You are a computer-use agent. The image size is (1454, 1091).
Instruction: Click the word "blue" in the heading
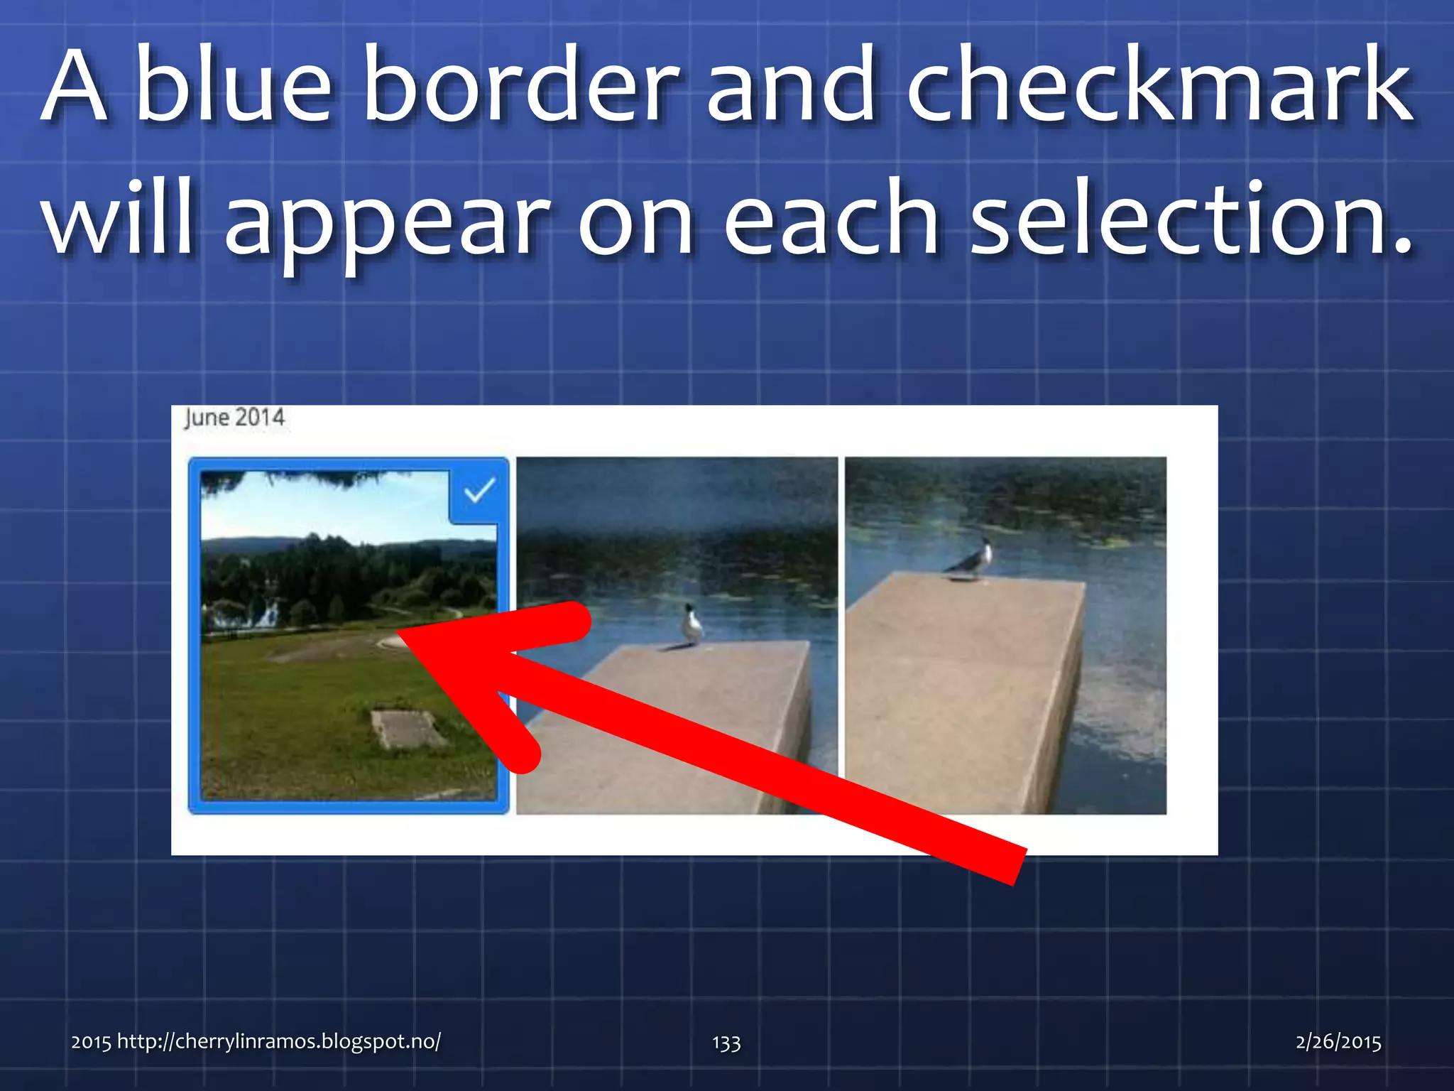click(x=233, y=85)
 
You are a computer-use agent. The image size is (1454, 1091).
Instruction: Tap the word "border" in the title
click(x=521, y=85)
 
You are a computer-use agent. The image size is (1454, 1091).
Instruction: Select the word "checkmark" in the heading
click(x=1159, y=85)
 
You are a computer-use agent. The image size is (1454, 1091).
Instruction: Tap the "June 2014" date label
click(x=234, y=418)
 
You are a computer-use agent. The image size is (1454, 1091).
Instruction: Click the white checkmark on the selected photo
click(x=479, y=491)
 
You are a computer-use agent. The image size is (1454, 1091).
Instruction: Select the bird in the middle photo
click(x=691, y=625)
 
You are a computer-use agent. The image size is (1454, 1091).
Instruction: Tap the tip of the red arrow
click(x=402, y=631)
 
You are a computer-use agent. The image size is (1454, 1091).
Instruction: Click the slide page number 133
click(x=726, y=1043)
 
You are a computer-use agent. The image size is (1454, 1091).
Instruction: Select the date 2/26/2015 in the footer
click(x=1338, y=1042)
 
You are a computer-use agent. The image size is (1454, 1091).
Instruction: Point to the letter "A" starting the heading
click(x=75, y=85)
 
